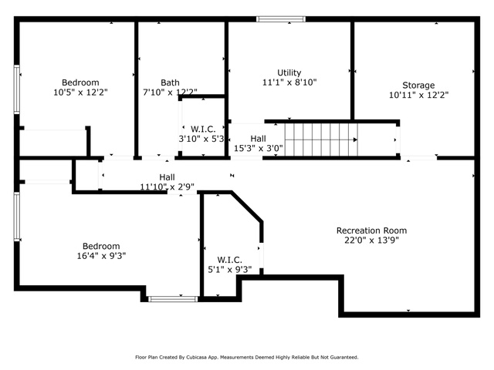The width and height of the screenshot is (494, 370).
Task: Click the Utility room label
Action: tap(289, 72)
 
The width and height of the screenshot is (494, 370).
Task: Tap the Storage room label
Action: tap(418, 86)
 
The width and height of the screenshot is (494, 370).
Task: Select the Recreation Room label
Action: tap(371, 230)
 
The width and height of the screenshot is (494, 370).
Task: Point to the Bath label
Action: tap(170, 82)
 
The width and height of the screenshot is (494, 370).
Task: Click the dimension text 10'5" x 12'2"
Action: tap(80, 92)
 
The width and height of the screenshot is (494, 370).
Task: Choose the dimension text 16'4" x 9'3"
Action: tap(101, 256)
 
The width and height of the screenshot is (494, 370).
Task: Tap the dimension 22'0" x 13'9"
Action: tap(371, 240)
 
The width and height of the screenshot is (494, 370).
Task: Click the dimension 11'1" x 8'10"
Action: tap(289, 82)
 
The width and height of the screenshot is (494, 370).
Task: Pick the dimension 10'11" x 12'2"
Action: tap(418, 95)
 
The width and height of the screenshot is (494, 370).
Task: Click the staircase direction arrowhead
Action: tap(355, 140)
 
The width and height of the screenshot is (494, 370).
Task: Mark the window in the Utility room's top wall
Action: tap(281, 19)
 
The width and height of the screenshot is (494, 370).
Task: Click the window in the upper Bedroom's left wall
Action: tap(17, 89)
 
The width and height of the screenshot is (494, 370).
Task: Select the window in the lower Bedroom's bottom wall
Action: tap(173, 299)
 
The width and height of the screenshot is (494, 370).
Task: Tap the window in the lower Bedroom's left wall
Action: tap(17, 217)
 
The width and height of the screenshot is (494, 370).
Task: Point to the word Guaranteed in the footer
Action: tap(346, 358)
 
